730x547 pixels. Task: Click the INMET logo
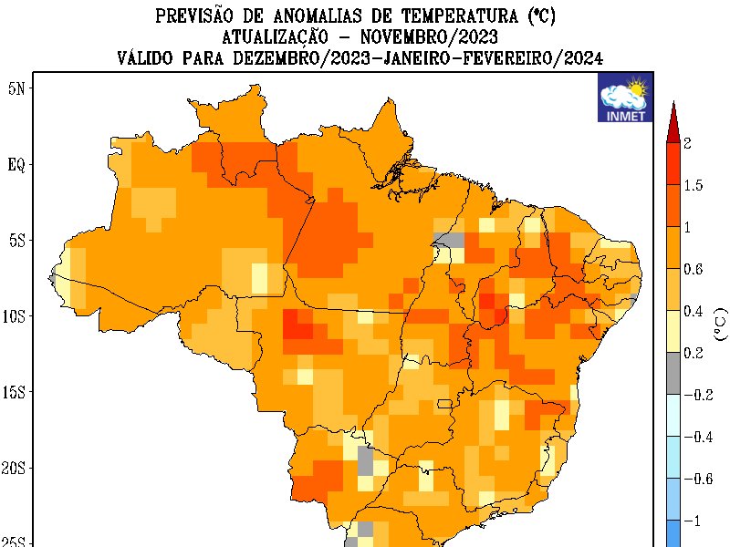[623, 98]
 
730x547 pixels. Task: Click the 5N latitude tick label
[16, 88]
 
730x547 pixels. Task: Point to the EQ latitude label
[16, 164]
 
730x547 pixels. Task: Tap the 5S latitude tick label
[16, 241]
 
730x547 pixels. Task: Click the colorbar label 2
[687, 143]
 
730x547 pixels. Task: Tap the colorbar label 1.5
[693, 186]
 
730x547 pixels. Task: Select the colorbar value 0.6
[693, 269]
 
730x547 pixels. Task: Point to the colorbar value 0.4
[693, 312]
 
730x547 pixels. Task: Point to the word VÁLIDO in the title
[149, 58]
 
